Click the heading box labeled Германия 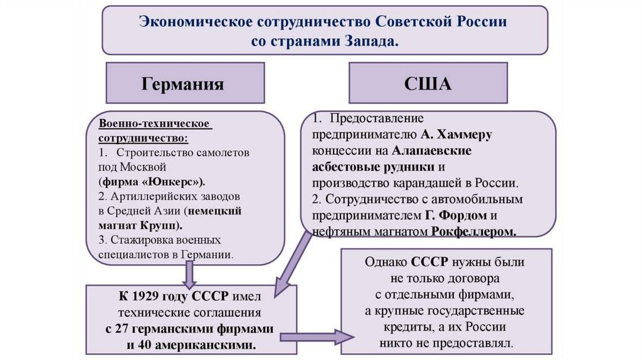click(182, 83)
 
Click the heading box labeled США click(428, 83)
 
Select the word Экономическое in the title click(192, 20)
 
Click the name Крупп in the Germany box click(160, 225)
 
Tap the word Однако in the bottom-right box click(386, 262)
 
